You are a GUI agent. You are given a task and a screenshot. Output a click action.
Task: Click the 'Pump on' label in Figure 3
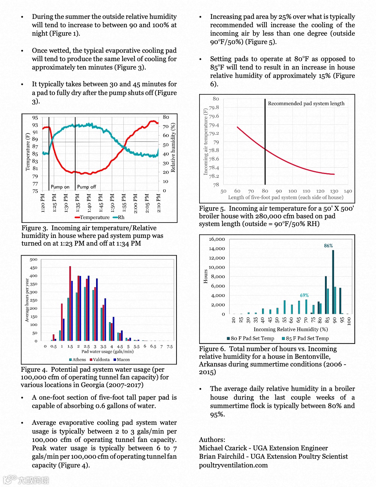60,187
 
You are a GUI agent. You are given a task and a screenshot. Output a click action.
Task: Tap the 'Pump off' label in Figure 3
86,187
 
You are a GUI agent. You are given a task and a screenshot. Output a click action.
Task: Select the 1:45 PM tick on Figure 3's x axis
101,203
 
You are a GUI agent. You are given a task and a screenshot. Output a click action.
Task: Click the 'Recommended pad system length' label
306,103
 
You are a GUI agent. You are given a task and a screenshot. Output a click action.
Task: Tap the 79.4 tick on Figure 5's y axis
214,125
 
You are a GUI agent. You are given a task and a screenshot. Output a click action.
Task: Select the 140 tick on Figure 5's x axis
348,191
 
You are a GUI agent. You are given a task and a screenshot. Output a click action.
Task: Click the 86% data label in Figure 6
328,246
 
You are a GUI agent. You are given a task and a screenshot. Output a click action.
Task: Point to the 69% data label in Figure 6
304,295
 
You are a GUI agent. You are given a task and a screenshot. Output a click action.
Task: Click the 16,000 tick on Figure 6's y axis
217,239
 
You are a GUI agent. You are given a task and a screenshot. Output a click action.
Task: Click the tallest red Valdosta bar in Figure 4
70,303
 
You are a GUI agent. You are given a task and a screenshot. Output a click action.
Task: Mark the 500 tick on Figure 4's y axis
34,260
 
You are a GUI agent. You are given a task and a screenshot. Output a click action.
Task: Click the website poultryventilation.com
233,465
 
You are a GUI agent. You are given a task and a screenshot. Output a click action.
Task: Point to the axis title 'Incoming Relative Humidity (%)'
291,329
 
